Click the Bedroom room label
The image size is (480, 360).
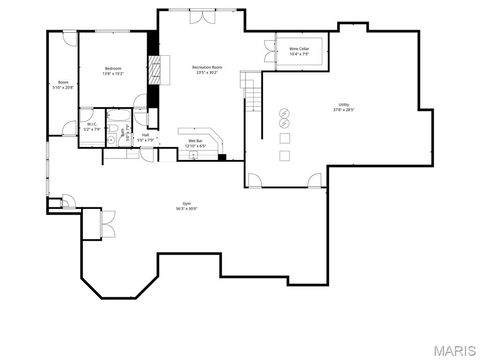(x=111, y=67)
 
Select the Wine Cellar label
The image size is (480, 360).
(x=299, y=48)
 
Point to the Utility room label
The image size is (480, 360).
(x=343, y=104)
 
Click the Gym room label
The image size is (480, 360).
(x=186, y=204)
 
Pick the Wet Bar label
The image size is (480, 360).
(x=196, y=140)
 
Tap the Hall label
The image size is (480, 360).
(x=145, y=135)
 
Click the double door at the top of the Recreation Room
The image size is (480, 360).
(x=200, y=17)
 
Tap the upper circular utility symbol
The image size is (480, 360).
(x=284, y=111)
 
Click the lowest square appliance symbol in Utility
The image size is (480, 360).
(x=285, y=155)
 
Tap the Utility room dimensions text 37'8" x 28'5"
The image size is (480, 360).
(x=343, y=110)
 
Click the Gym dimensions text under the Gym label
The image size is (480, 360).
(x=186, y=210)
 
